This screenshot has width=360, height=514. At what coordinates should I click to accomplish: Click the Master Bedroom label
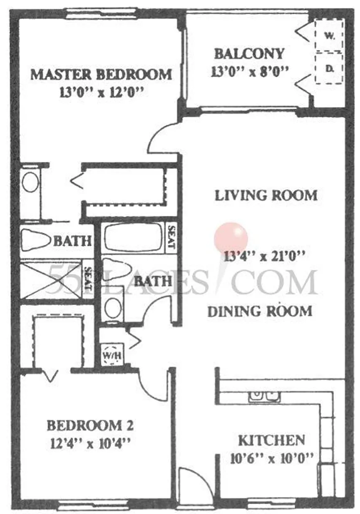[101, 74]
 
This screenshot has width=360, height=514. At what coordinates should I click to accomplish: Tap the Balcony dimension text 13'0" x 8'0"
[249, 72]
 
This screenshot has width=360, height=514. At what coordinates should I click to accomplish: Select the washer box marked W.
[329, 36]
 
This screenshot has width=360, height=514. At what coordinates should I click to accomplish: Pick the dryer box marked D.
[329, 68]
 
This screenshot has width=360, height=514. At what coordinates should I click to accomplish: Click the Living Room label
[266, 196]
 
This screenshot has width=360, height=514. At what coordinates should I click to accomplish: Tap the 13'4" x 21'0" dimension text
[265, 256]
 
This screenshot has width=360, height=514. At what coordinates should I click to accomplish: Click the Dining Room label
[260, 311]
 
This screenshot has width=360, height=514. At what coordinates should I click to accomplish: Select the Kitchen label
[272, 440]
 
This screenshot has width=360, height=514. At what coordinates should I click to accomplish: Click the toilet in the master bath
[36, 240]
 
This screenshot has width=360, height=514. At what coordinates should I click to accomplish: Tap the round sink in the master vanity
[30, 182]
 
